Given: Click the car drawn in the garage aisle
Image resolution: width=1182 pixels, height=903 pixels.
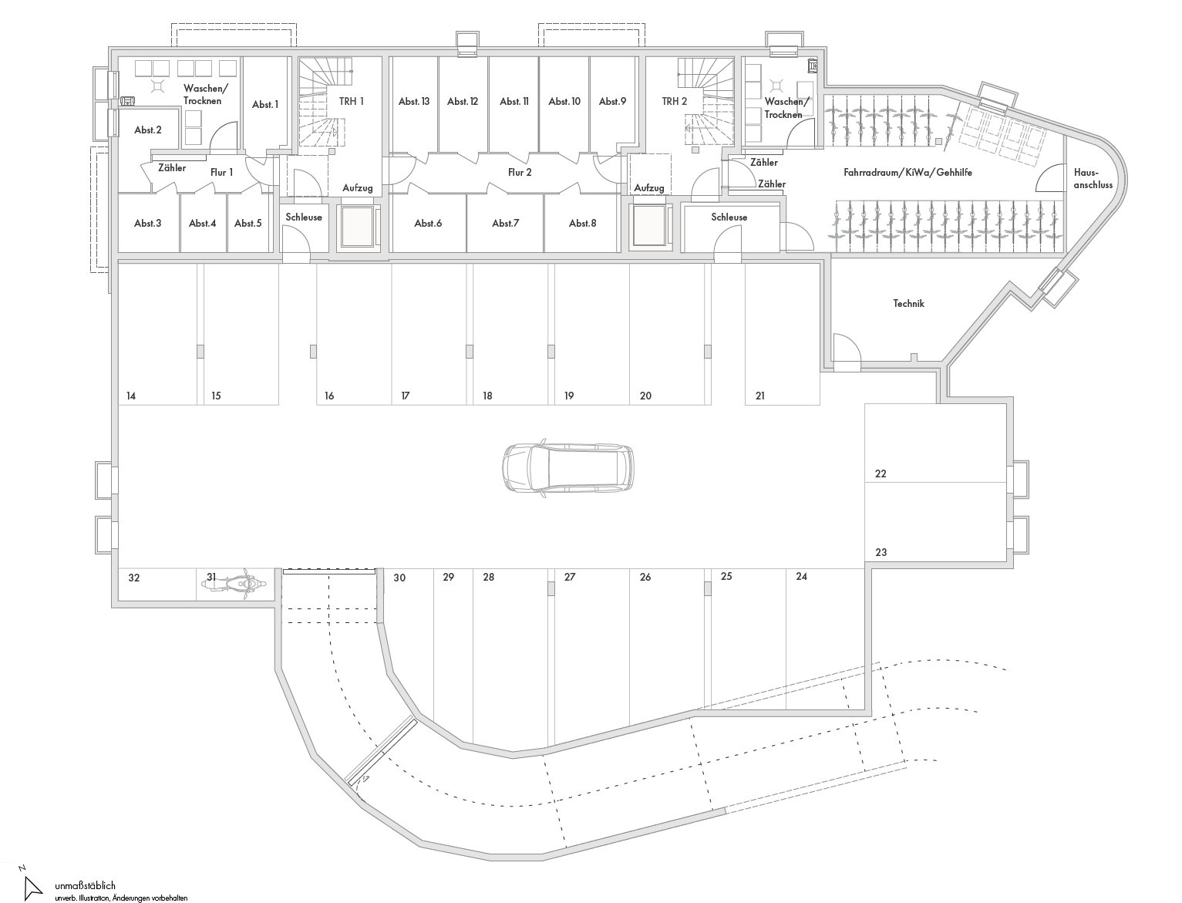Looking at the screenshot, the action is tap(568, 467).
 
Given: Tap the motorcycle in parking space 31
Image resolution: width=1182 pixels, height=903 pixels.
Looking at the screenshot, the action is tap(234, 584).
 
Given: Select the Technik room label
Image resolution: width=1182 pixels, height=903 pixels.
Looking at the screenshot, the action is tap(908, 304).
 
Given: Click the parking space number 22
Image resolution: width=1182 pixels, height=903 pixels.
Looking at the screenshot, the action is tap(881, 473).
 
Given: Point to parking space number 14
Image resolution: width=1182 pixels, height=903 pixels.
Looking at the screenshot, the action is tap(131, 396).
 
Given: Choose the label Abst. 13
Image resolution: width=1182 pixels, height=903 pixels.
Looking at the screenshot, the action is tap(414, 101).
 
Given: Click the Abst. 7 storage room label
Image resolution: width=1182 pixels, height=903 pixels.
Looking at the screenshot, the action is tap(505, 223).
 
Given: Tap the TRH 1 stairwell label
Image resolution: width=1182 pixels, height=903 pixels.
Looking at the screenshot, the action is tap(351, 101).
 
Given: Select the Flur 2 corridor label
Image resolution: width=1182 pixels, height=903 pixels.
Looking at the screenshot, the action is tap(520, 172).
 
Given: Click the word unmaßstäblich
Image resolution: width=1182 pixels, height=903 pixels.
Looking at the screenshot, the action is tap(85, 886).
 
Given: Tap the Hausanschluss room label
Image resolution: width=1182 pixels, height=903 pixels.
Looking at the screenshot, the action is tap(1093, 179).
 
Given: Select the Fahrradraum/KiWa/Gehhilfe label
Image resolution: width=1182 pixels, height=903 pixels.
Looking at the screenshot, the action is tap(908, 172).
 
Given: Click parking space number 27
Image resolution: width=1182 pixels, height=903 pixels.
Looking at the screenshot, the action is tap(570, 578).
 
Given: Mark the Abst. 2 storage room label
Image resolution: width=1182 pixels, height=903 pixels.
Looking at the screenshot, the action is tap(148, 130).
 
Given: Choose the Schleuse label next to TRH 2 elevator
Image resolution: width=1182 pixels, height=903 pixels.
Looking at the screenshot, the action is tap(729, 217).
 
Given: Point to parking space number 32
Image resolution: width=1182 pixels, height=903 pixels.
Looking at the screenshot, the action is tap(134, 578).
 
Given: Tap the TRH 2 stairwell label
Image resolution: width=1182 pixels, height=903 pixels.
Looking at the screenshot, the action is tap(674, 101).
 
